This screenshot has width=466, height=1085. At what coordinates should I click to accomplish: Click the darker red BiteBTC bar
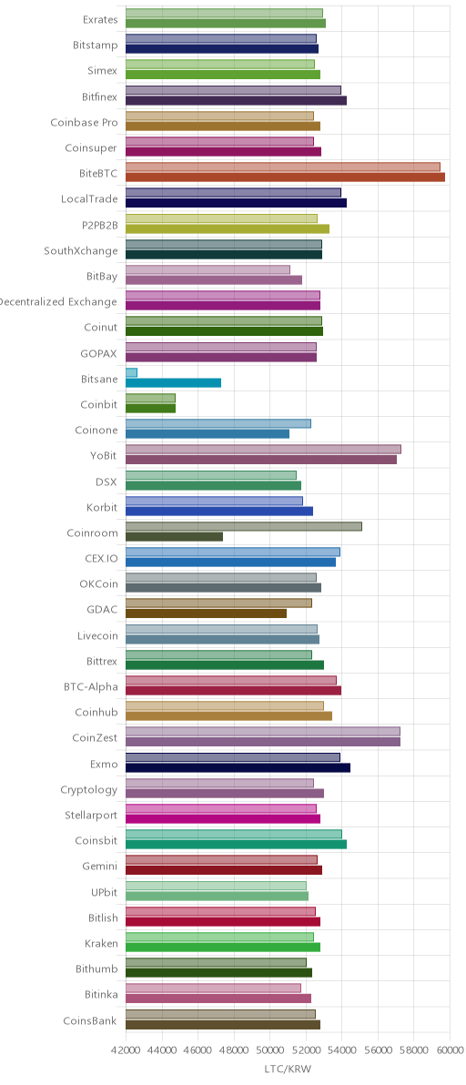[x=285, y=177]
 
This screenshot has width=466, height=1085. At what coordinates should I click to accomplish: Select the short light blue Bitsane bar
[x=131, y=372]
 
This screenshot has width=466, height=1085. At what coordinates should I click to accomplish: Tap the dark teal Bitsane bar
[x=173, y=382]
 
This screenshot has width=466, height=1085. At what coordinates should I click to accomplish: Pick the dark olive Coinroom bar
[x=174, y=536]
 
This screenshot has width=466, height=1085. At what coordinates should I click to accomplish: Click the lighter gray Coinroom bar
[x=243, y=527]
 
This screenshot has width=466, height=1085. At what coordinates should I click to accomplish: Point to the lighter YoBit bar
[x=263, y=449]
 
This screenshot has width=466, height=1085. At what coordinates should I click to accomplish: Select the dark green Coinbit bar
[x=151, y=409]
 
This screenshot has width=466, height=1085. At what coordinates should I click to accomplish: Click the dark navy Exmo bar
[x=238, y=767]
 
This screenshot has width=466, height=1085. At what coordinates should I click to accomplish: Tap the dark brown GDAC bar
[x=206, y=613]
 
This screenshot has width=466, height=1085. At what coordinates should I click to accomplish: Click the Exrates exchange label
[x=99, y=19]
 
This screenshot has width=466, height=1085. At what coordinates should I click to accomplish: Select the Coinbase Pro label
[x=84, y=123]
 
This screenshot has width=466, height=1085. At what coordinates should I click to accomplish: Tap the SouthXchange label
[x=81, y=250]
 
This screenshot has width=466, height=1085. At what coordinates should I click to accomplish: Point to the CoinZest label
[x=95, y=737]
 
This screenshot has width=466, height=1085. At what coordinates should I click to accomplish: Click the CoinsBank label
[x=90, y=1020]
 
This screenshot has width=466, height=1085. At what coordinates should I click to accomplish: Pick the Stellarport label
[x=88, y=816]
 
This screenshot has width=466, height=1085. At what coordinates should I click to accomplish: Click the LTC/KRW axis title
[x=288, y=1070]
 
